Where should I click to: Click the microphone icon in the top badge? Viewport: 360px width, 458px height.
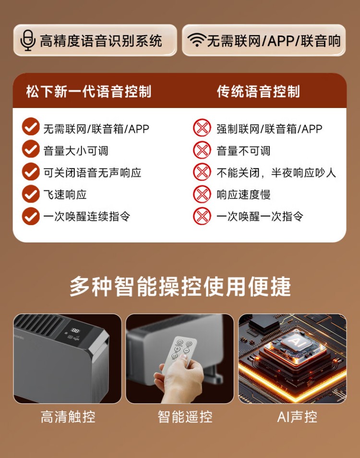[28, 40]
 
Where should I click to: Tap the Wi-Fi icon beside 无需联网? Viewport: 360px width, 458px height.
[197, 39]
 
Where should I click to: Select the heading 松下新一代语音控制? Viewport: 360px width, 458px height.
[89, 91]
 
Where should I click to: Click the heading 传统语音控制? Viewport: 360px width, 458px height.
[258, 91]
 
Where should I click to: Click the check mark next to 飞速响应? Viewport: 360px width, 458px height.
[31, 193]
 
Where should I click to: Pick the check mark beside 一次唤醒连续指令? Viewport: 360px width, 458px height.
[31, 216]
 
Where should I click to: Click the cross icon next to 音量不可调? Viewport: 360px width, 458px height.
[202, 150]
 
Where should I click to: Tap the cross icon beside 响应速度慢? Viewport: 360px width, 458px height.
[202, 194]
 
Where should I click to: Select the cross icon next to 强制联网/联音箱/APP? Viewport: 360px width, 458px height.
[202, 128]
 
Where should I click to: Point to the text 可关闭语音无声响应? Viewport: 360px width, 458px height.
[92, 173]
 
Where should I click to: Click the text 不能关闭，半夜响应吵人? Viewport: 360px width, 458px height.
[276, 173]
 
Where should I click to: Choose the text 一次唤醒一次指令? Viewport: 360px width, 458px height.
[260, 217]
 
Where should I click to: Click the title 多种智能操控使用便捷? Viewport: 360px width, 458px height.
[180, 286]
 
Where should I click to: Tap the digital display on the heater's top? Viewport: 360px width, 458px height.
[75, 331]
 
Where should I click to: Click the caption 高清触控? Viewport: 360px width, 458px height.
[68, 417]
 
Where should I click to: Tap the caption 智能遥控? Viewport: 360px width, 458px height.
[185, 417]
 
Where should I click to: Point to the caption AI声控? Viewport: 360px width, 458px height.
[297, 417]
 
